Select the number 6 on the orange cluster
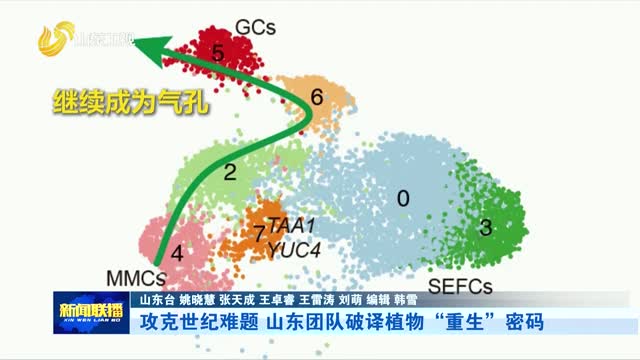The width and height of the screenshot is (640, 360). [x=317, y=98]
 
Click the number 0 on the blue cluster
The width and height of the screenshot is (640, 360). [x=403, y=198]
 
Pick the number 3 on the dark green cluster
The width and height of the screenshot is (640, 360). [x=486, y=228]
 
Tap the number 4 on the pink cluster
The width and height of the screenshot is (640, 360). [x=177, y=253]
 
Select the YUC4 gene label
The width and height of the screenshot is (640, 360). [x=293, y=250]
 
